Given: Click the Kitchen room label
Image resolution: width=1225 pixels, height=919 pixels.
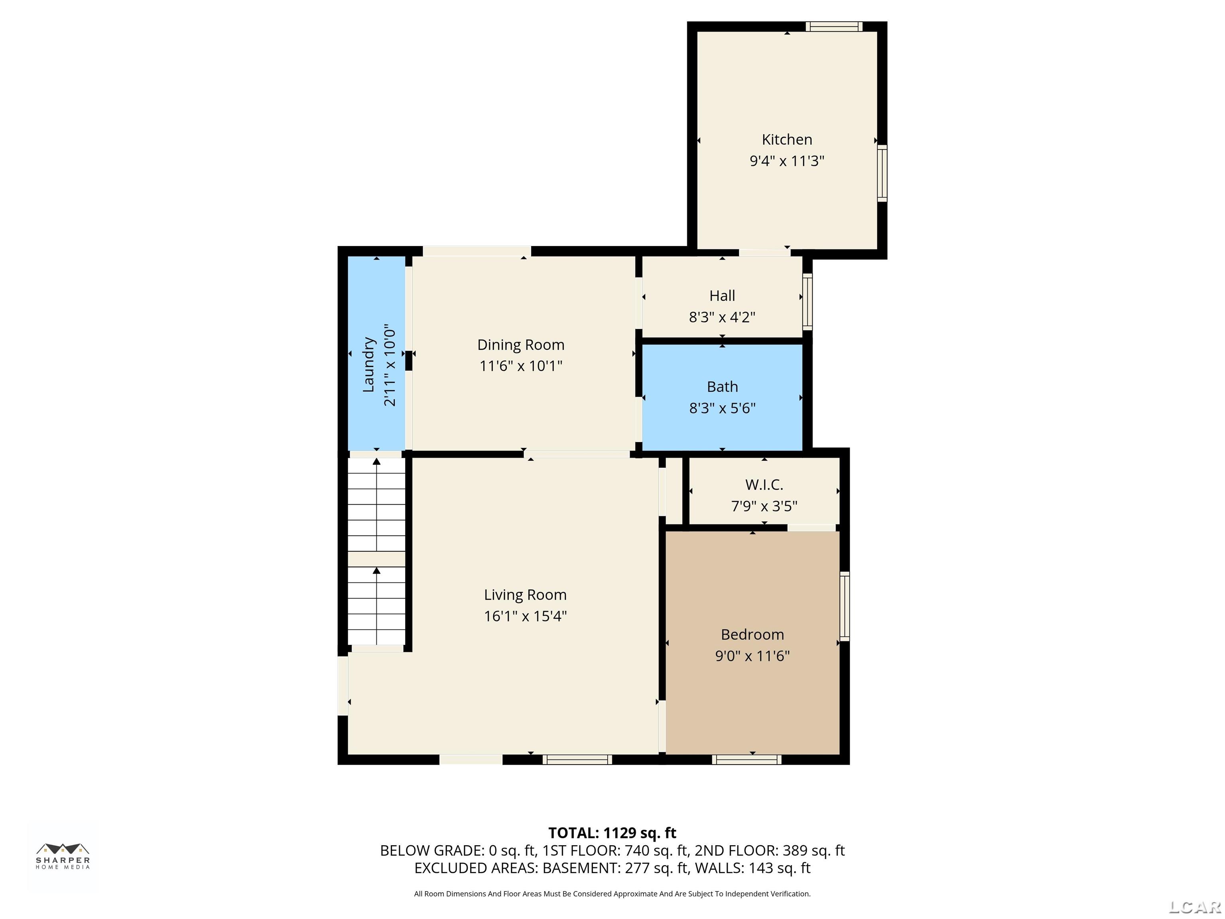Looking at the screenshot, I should coord(786,140).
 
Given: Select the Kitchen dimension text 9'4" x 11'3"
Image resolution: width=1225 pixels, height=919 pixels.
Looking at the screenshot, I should coord(786,161).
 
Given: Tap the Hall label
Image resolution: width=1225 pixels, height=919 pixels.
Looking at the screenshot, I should coord(722,296).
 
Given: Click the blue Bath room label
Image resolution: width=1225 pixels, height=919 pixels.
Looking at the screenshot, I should coord(722,387).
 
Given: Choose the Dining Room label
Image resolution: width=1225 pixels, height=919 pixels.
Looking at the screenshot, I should coord(520,345).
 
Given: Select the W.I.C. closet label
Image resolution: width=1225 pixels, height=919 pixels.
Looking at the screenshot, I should coord(764,485).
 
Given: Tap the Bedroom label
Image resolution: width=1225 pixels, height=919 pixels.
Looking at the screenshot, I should coord(752,634).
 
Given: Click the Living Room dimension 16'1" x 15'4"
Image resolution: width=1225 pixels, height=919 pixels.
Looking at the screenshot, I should coord(525,616).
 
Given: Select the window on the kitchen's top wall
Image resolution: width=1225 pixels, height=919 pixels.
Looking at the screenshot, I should coord(833,26).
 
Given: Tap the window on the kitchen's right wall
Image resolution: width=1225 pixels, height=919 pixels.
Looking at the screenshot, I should coord(882,173).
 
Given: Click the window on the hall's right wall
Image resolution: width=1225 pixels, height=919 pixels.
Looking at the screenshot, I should coord(807,302).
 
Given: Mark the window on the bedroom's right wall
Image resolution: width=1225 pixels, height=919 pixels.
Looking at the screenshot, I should coord(845,607).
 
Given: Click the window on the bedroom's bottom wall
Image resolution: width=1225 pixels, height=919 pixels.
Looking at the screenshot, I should coord(746,759).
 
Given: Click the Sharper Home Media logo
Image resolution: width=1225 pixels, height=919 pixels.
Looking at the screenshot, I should coord(63,856).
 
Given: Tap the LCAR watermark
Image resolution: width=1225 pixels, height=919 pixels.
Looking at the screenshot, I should coord(1195,907).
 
